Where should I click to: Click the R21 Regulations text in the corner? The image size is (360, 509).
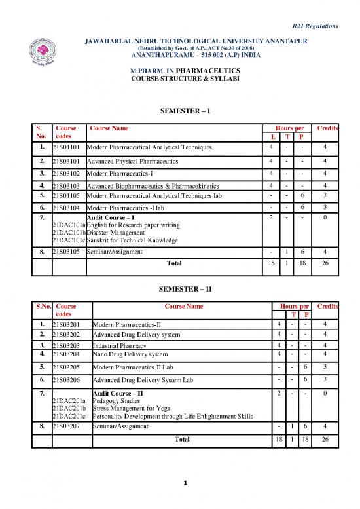pyautogui.click(x=314, y=26)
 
